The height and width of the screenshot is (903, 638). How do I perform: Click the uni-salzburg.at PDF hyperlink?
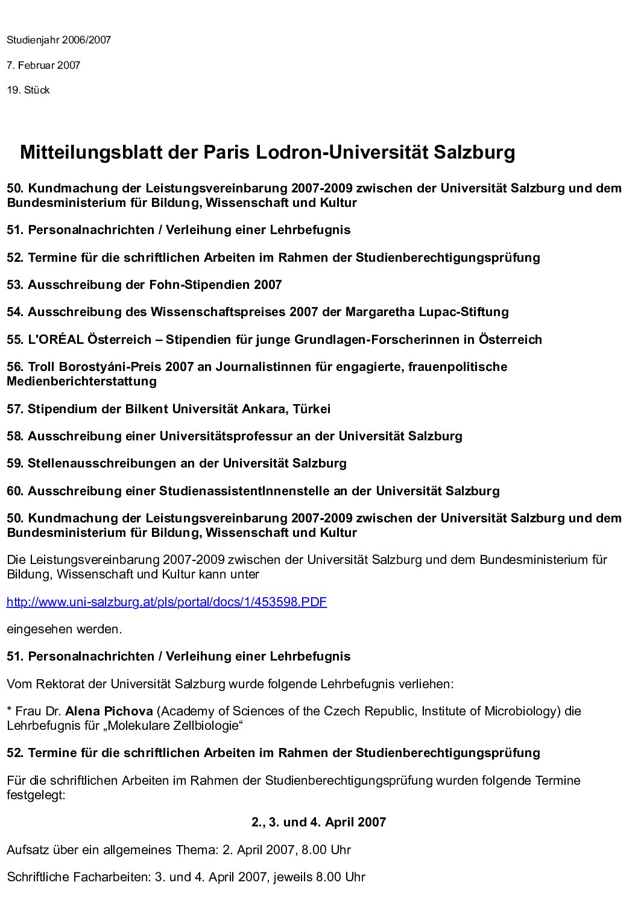[166, 602]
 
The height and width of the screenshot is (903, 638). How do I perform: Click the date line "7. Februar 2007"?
[43, 65]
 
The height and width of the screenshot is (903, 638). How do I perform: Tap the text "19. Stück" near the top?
[28, 90]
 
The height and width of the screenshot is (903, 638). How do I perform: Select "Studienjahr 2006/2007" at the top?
[58, 40]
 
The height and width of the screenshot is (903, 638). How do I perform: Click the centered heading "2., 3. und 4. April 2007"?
[318, 822]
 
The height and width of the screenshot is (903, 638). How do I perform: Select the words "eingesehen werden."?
[64, 629]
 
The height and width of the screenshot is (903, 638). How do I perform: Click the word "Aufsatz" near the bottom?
[25, 850]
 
